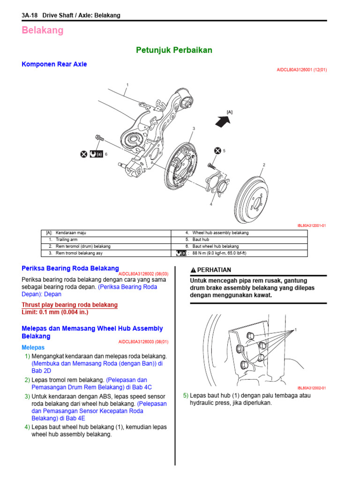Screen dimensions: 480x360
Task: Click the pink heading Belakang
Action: [43, 30]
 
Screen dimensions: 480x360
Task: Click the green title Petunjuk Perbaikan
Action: [174, 50]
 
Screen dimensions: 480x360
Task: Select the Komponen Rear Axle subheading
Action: [54, 64]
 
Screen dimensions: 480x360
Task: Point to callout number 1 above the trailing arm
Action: [127, 85]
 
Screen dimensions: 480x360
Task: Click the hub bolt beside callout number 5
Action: [211, 165]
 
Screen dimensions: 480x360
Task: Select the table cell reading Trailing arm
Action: [67, 240]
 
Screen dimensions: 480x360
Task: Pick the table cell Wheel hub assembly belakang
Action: [220, 233]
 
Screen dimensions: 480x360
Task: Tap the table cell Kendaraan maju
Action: [71, 233]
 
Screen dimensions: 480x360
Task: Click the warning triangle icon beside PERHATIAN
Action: [193, 270]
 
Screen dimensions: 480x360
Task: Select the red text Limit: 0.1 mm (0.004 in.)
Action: [55, 312]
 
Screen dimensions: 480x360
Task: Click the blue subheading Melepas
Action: [33, 347]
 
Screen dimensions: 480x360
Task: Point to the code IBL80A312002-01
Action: [311, 388]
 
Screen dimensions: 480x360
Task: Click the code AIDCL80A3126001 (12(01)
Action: [301, 70]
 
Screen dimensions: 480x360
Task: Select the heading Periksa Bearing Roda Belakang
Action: [70, 269]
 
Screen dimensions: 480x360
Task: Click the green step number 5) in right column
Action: [186, 396]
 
